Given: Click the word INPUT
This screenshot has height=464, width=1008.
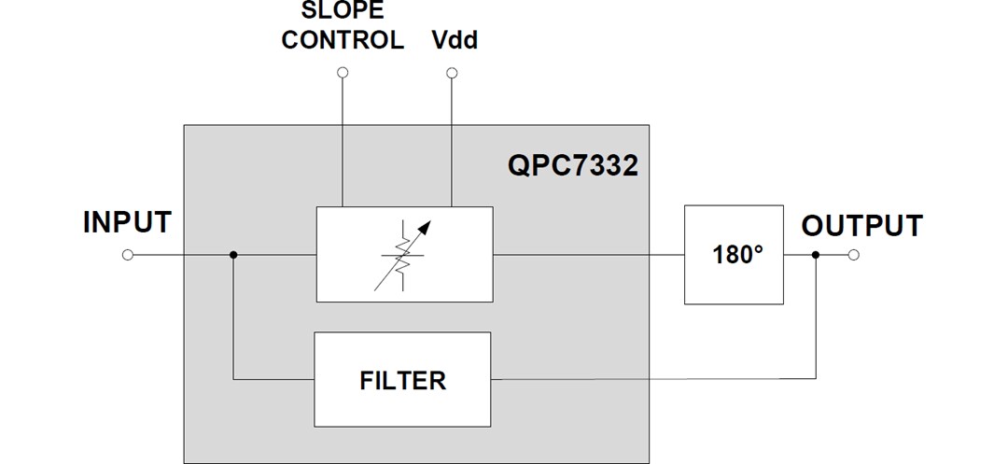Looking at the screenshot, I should [x=127, y=223].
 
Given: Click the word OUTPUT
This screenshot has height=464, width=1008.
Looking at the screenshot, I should [x=861, y=226].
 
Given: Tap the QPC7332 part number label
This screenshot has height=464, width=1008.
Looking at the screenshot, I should [x=573, y=165].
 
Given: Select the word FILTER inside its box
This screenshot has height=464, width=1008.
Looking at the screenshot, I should [x=402, y=380].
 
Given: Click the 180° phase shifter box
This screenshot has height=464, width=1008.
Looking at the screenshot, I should [x=733, y=254].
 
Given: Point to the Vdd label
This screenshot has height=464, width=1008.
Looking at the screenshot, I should [x=455, y=40].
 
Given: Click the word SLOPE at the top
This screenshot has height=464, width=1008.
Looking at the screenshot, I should [x=342, y=11].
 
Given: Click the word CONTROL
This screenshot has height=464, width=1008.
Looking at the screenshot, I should [x=343, y=40].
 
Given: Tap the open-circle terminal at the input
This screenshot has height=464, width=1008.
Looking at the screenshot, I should [x=128, y=254].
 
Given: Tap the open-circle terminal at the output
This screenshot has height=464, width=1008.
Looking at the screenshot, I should [x=853, y=254].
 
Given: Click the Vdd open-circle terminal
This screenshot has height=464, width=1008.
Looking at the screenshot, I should [x=452, y=72].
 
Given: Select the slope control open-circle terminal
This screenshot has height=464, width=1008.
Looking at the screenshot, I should [x=343, y=72].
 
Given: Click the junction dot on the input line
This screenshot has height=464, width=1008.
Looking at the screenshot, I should [x=233, y=254].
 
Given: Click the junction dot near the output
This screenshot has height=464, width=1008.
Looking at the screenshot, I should [x=816, y=254].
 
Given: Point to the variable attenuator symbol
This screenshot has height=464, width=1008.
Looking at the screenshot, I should [x=404, y=253].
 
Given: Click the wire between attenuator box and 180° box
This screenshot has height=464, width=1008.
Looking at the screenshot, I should [x=588, y=254].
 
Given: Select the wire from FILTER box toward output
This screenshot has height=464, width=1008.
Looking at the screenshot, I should [x=653, y=379].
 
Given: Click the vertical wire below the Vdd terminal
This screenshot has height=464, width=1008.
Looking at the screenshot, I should [x=452, y=140].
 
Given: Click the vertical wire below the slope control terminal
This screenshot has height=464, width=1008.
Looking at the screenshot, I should [x=343, y=140].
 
